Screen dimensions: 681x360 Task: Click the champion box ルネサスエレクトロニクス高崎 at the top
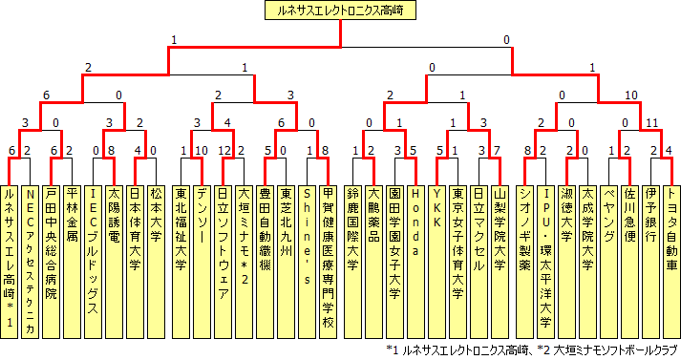click(x=340, y=11)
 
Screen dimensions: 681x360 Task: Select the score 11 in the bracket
click(x=652, y=122)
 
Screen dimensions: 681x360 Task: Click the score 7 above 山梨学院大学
click(x=502, y=150)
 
